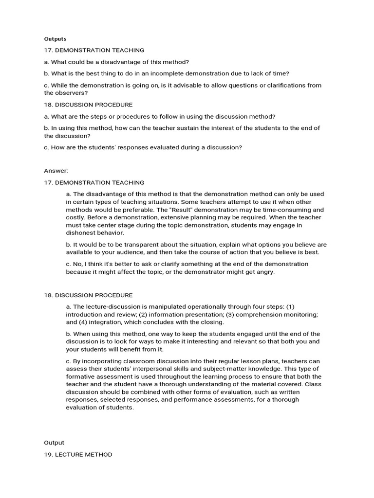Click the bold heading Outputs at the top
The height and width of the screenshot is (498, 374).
(55, 39)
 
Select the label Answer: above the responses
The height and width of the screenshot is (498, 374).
(56, 171)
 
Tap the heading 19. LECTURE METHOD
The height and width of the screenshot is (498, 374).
(78, 454)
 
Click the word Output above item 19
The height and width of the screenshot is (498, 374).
(54, 443)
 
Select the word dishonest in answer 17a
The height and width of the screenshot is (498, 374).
(81, 233)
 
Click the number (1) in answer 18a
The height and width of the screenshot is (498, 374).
(290, 307)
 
